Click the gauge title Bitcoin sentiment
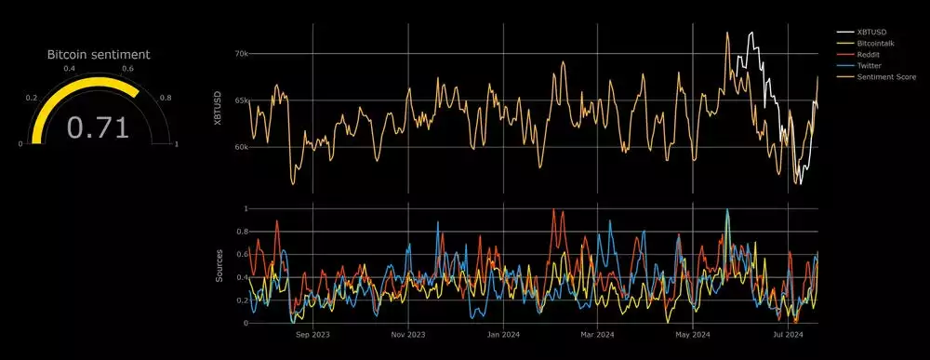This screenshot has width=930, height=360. click(x=99, y=55)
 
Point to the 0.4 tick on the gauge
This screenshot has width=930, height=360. click(x=70, y=69)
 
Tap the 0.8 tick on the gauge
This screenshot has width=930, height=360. click(x=166, y=97)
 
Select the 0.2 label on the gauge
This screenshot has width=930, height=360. click(x=32, y=97)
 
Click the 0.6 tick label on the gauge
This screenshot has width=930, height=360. click(x=127, y=69)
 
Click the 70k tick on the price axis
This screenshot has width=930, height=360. click(x=241, y=54)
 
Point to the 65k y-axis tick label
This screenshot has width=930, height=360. click(x=241, y=100)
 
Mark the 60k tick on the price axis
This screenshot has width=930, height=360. click(x=241, y=147)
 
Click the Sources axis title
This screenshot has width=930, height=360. click(x=219, y=266)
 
